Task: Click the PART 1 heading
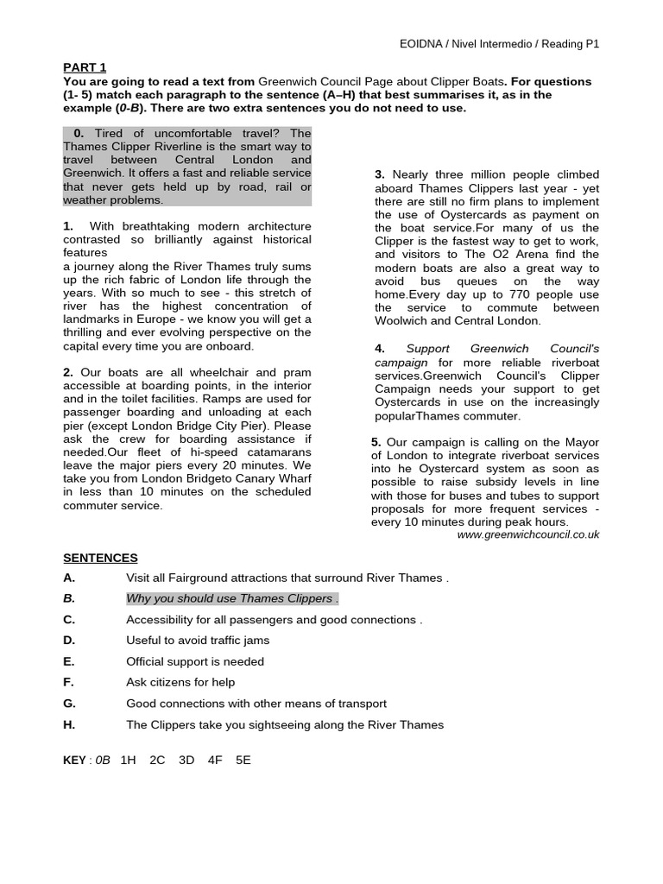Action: click(x=85, y=66)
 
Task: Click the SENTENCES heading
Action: click(x=100, y=558)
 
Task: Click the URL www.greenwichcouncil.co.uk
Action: click(x=527, y=534)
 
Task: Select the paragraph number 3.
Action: click(x=380, y=174)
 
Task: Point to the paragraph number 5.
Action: click(x=376, y=442)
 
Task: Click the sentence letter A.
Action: click(x=69, y=578)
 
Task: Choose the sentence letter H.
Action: click(x=69, y=724)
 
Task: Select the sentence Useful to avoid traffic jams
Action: click(x=198, y=640)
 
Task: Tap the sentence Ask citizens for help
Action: click(x=181, y=682)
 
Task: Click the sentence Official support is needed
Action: click(x=195, y=661)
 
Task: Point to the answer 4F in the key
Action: click(x=215, y=760)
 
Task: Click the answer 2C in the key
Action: click(x=157, y=760)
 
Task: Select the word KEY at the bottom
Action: click(x=75, y=760)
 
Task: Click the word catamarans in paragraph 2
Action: click(x=281, y=451)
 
